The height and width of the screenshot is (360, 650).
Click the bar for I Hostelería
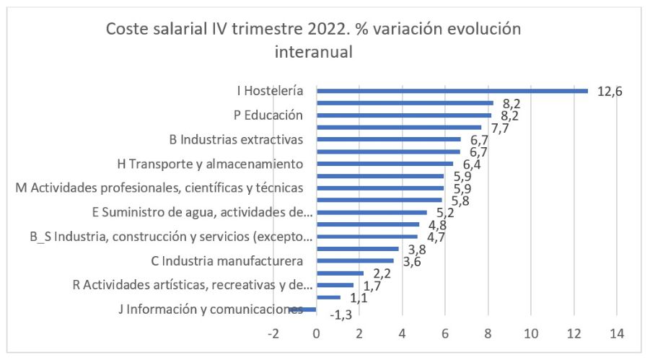(x=452, y=91)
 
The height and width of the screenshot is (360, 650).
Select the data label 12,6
(x=610, y=91)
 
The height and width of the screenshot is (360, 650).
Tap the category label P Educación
(x=268, y=115)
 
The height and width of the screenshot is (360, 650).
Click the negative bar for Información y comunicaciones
(x=309, y=309)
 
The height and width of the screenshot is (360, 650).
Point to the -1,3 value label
(x=340, y=315)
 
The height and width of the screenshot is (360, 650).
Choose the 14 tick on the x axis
(x=617, y=334)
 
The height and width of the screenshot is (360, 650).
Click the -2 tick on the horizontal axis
(x=273, y=334)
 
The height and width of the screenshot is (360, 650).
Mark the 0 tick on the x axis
(x=317, y=334)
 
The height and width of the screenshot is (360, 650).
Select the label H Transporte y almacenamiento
(x=210, y=164)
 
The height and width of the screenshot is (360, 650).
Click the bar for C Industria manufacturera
(x=356, y=260)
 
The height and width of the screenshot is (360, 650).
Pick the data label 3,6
(x=413, y=262)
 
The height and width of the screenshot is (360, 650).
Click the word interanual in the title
(x=315, y=52)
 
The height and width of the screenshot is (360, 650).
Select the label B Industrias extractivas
(x=236, y=139)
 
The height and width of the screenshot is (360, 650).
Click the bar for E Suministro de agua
(x=372, y=212)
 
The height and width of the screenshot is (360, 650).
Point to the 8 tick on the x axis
(x=488, y=334)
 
